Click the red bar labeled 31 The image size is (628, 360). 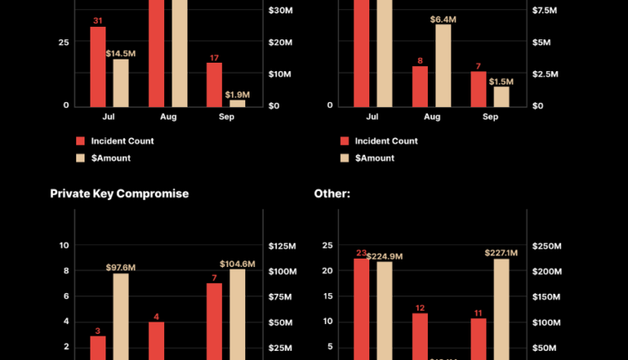point(98,66)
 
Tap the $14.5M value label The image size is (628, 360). point(121,54)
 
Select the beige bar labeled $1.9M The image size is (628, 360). point(238,102)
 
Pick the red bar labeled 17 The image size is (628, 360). point(214,84)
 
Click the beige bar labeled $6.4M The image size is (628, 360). point(443,65)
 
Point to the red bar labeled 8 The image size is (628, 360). point(420,85)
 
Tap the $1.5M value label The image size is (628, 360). point(501,81)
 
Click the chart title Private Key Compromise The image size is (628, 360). point(119,193)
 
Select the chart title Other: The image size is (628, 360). point(332,193)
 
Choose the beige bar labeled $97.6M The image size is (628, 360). point(121,316)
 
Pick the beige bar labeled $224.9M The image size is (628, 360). point(385,311)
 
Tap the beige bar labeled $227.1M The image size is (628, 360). point(502,309)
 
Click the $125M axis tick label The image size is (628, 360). point(282,246)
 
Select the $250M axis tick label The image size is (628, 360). point(547,246)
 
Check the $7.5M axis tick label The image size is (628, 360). point(546,11)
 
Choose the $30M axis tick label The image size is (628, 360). point(280,11)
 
